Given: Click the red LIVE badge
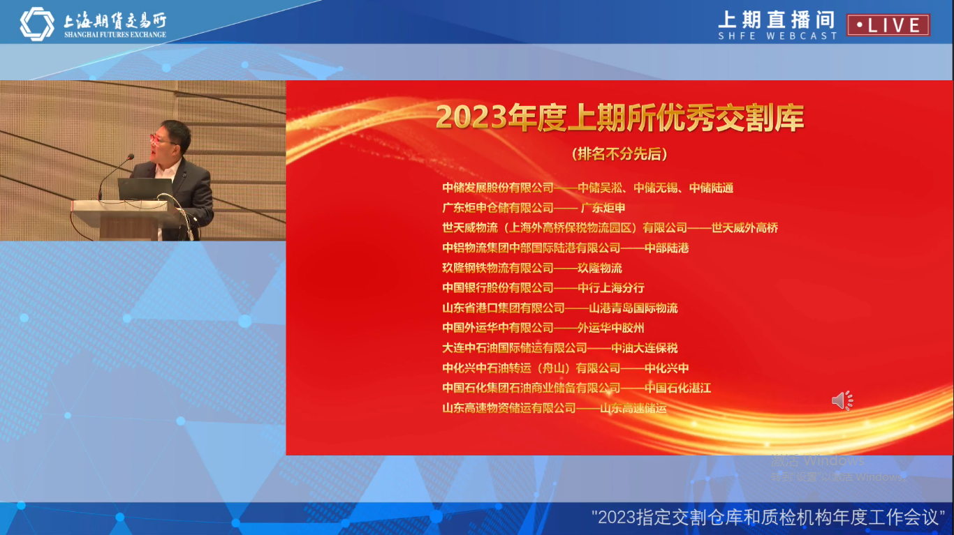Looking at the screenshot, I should coord(888,25).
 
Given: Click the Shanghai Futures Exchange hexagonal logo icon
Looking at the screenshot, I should coord(36,24).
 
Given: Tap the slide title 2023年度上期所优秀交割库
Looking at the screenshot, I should coord(619,118).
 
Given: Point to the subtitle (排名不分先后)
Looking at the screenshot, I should coord(619,153).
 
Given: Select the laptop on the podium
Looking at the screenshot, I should coord(145,189).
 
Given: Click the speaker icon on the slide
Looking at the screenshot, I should coord(842,400).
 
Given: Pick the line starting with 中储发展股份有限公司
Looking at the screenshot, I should coord(587,188).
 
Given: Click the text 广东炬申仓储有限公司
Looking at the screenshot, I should coord(497,208).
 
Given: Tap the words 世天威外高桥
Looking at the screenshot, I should coord(744,227).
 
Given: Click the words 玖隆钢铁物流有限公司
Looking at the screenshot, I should coord(497,268).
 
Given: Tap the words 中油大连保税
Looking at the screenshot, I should coord(644,348).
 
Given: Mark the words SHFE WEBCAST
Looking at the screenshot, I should coord(777,36).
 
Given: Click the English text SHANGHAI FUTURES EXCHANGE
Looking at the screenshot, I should coord(115,35).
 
